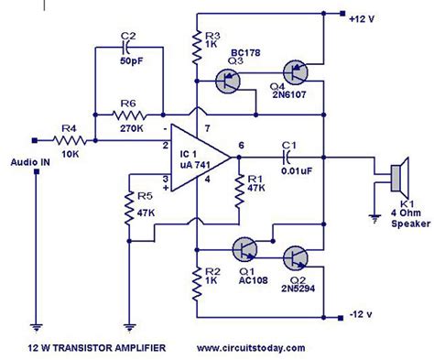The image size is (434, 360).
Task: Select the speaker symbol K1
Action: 396,175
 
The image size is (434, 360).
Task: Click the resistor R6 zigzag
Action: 128,115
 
